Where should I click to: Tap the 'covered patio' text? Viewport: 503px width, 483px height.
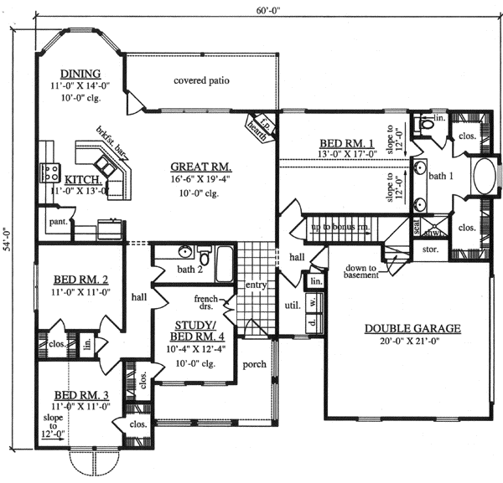201,81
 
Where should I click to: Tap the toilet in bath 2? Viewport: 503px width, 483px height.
190,254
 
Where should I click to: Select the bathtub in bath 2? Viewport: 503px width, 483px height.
224,265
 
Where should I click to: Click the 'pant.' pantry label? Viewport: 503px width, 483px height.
58,222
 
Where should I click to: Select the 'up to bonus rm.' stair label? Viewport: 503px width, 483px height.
340,227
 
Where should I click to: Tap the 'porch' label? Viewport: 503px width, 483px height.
254,365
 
